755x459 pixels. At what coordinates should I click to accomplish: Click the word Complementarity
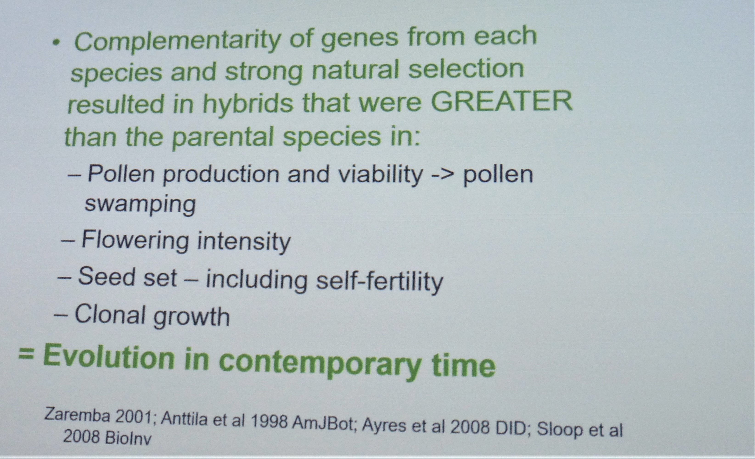178,42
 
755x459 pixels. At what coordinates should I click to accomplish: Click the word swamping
140,205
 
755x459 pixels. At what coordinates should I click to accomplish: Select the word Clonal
110,314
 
